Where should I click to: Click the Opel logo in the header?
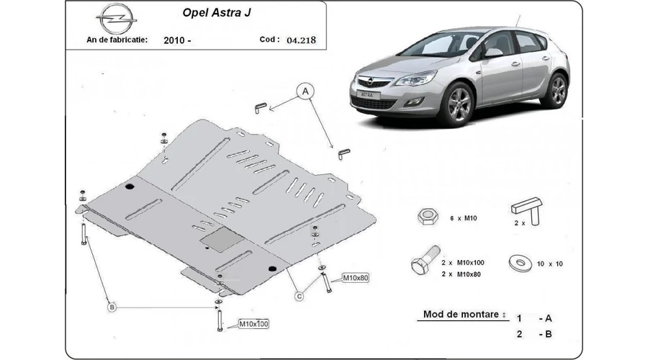pyautogui.click(x=116, y=19)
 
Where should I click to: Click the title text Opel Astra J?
pyautogui.click(x=217, y=13)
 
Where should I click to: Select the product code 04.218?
pyautogui.click(x=301, y=40)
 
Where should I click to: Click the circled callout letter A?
pyautogui.click(x=305, y=91)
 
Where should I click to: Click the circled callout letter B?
pyautogui.click(x=112, y=307)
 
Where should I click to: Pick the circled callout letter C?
pyautogui.click(x=300, y=296)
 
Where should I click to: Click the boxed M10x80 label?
pyautogui.click(x=356, y=278)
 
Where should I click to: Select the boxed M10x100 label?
pyautogui.click(x=253, y=324)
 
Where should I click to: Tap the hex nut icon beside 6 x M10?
pyautogui.click(x=428, y=217)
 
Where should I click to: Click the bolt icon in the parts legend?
pyautogui.click(x=426, y=260)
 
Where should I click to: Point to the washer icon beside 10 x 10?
pyautogui.click(x=521, y=264)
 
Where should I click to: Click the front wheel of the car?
pyautogui.click(x=457, y=104)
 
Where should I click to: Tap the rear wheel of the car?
pyautogui.click(x=557, y=90)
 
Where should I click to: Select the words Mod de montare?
pyautogui.click(x=461, y=314)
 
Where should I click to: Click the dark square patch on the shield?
pyautogui.click(x=222, y=239)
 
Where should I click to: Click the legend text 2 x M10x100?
pyautogui.click(x=462, y=263)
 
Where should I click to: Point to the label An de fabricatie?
pyautogui.click(x=117, y=40)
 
